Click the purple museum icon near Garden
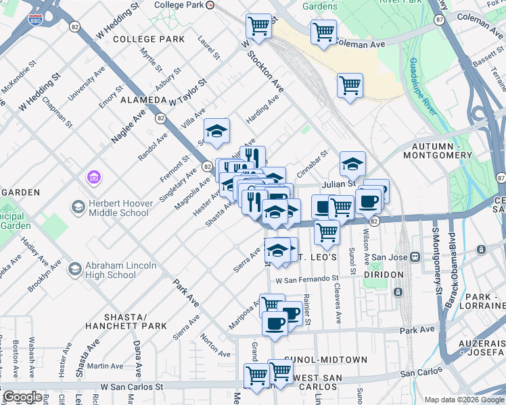pyautogui.click(x=93, y=178)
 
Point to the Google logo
pyautogui.click(x=22, y=397)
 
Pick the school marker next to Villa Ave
pyautogui.click(x=217, y=131)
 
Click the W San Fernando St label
pyautogui.click(x=306, y=279)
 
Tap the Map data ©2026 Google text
pyautogui.click(x=463, y=400)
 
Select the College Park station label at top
pyautogui.click(x=179, y=5)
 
